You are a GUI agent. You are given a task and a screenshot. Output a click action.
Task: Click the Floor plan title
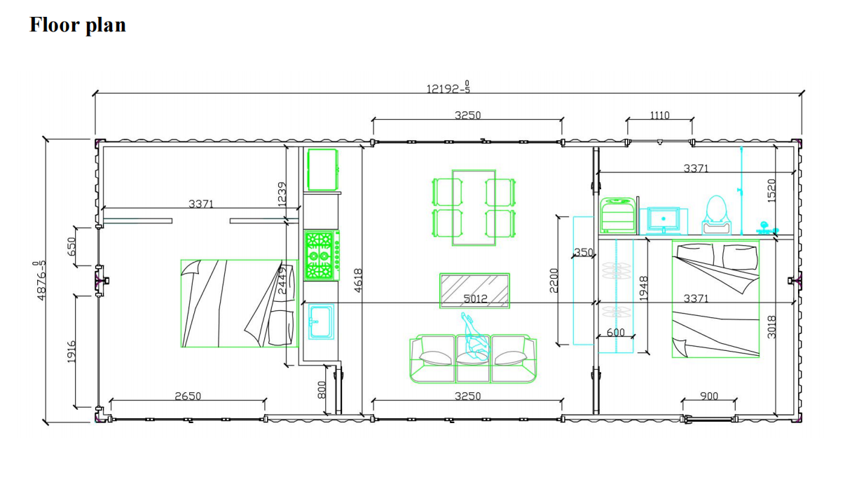coord(77,25)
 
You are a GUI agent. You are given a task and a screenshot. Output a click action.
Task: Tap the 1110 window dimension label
coord(659,115)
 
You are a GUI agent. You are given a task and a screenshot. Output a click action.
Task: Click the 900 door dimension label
coord(709,396)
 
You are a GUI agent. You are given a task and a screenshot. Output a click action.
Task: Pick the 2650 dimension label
coord(188,396)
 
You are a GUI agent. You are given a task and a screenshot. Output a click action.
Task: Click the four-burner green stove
coord(322,255)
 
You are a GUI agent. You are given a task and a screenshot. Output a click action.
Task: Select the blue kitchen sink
coord(321,322)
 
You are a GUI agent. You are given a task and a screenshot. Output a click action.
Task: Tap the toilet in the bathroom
coord(716,215)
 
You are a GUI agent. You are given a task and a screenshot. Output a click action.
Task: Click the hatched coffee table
coord(474,291)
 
